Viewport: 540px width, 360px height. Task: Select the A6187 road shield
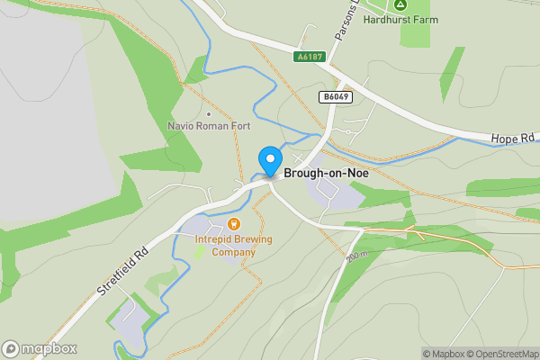click(x=310, y=56)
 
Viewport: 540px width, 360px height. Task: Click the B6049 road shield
click(x=334, y=95)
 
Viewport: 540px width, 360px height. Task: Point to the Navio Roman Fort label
click(x=209, y=126)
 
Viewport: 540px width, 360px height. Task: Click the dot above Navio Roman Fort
click(x=209, y=113)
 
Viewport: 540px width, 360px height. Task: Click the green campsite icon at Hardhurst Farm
click(x=400, y=4)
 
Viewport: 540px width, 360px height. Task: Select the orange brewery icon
click(x=234, y=222)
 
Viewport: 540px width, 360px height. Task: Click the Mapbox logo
click(x=40, y=349)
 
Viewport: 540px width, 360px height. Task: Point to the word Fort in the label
click(x=239, y=126)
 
